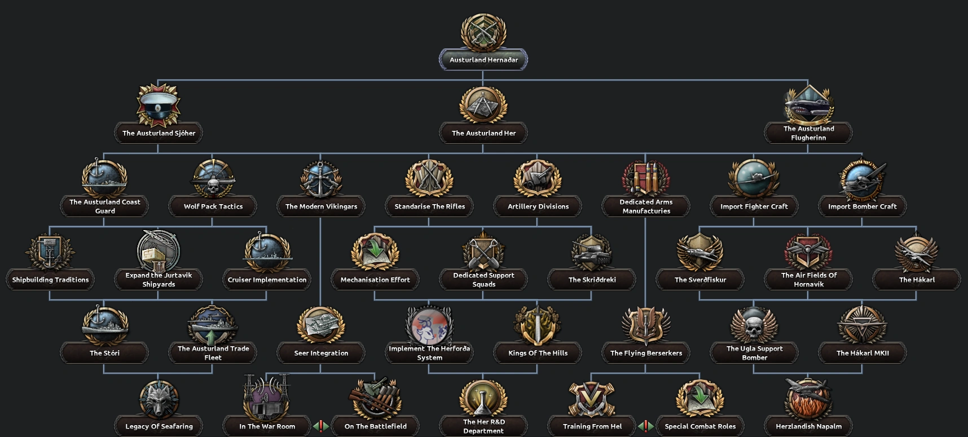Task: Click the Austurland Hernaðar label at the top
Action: tap(483, 60)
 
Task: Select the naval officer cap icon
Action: tap(159, 105)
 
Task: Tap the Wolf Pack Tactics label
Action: tap(213, 206)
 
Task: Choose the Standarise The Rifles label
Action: tap(429, 206)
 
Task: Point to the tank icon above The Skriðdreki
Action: tap(592, 252)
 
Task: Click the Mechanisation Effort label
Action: tap(375, 280)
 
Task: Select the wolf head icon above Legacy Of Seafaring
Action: tap(159, 399)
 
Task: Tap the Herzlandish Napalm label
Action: tap(808, 426)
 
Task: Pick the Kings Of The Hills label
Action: tap(538, 353)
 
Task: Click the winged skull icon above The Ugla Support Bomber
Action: tap(754, 325)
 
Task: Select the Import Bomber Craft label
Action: tap(862, 206)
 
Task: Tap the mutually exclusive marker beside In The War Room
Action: tap(321, 426)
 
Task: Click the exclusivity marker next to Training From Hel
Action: tap(646, 426)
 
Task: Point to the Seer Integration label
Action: tap(321, 353)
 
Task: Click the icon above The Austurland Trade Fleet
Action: tap(212, 325)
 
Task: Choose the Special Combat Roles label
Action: tap(700, 426)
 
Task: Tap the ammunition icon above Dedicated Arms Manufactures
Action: tap(646, 178)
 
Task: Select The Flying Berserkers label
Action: tap(646, 353)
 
